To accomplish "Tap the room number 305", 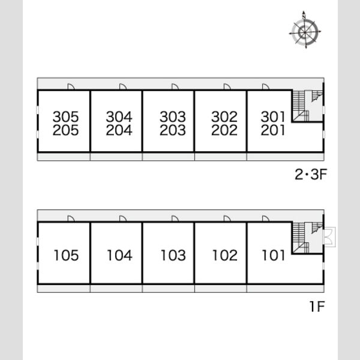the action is [x=65, y=116].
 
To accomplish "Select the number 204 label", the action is [x=119, y=130].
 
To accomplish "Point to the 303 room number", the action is [x=173, y=116].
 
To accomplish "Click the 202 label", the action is [x=224, y=130].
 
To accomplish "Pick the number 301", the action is [x=273, y=116].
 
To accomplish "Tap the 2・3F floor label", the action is [x=311, y=174].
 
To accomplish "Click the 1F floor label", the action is [x=317, y=306].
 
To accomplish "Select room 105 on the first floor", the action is [x=66, y=256].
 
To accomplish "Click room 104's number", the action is [x=119, y=256].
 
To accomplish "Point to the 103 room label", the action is [x=173, y=256].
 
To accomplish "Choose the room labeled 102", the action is [x=225, y=256].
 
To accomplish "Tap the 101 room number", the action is [x=273, y=256].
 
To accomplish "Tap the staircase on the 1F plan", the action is [x=307, y=238].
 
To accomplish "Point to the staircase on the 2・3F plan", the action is [x=307, y=106].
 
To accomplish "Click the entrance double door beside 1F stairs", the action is [x=329, y=237].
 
